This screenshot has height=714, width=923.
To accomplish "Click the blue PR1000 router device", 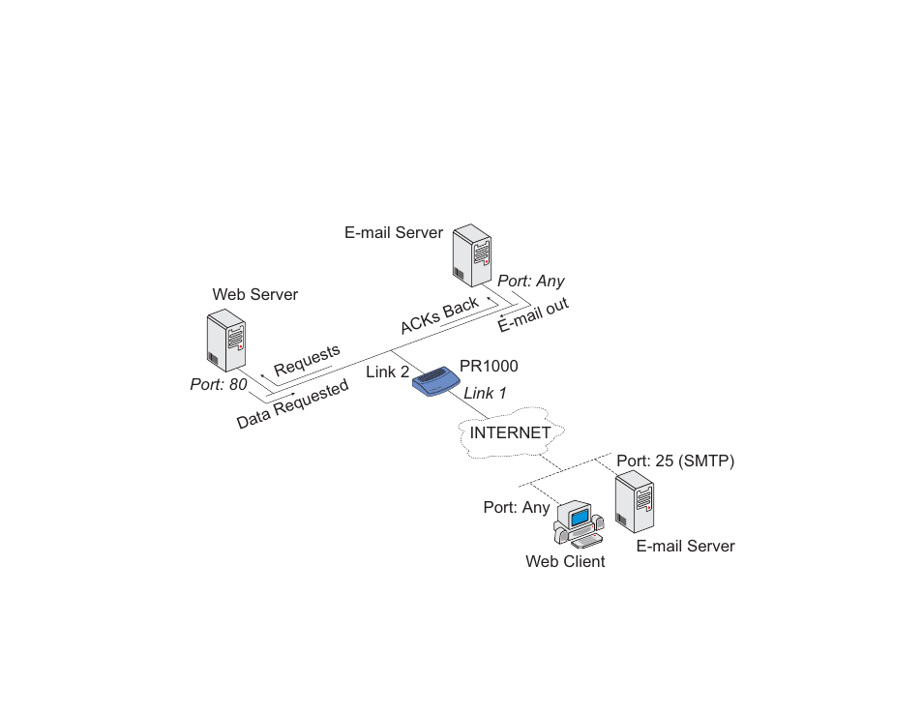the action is pyautogui.click(x=436, y=381).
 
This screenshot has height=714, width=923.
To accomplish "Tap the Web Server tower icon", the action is pyautogui.click(x=226, y=341).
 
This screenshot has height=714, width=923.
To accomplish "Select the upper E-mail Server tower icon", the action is pyautogui.click(x=472, y=254).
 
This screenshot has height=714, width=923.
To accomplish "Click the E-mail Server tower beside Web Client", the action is pyautogui.click(x=635, y=501).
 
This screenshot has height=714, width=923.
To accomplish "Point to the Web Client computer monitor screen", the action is pyautogui.click(x=580, y=517).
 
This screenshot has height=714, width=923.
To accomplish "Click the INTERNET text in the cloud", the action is pyautogui.click(x=510, y=432).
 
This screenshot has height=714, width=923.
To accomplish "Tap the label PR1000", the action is pyautogui.click(x=489, y=366).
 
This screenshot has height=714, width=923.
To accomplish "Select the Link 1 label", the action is pyautogui.click(x=485, y=393).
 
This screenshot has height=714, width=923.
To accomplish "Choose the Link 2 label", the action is pyautogui.click(x=387, y=372).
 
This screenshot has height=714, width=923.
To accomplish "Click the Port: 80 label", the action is pyautogui.click(x=219, y=384).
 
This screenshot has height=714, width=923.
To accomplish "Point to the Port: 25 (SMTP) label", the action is pyautogui.click(x=675, y=461).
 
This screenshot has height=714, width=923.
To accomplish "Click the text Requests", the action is pyautogui.click(x=307, y=360).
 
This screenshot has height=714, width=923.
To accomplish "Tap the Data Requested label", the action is pyautogui.click(x=292, y=403).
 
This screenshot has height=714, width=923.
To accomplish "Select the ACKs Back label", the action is pyautogui.click(x=439, y=316).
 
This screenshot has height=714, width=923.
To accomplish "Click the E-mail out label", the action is pyautogui.click(x=533, y=314).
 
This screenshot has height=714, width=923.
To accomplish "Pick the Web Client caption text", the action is pyautogui.click(x=565, y=561).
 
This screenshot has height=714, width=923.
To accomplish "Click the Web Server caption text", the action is pyautogui.click(x=254, y=294).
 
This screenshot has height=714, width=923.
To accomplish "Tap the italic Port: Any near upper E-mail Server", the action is pyautogui.click(x=531, y=281).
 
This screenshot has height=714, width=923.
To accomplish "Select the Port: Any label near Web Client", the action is pyautogui.click(x=517, y=507).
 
